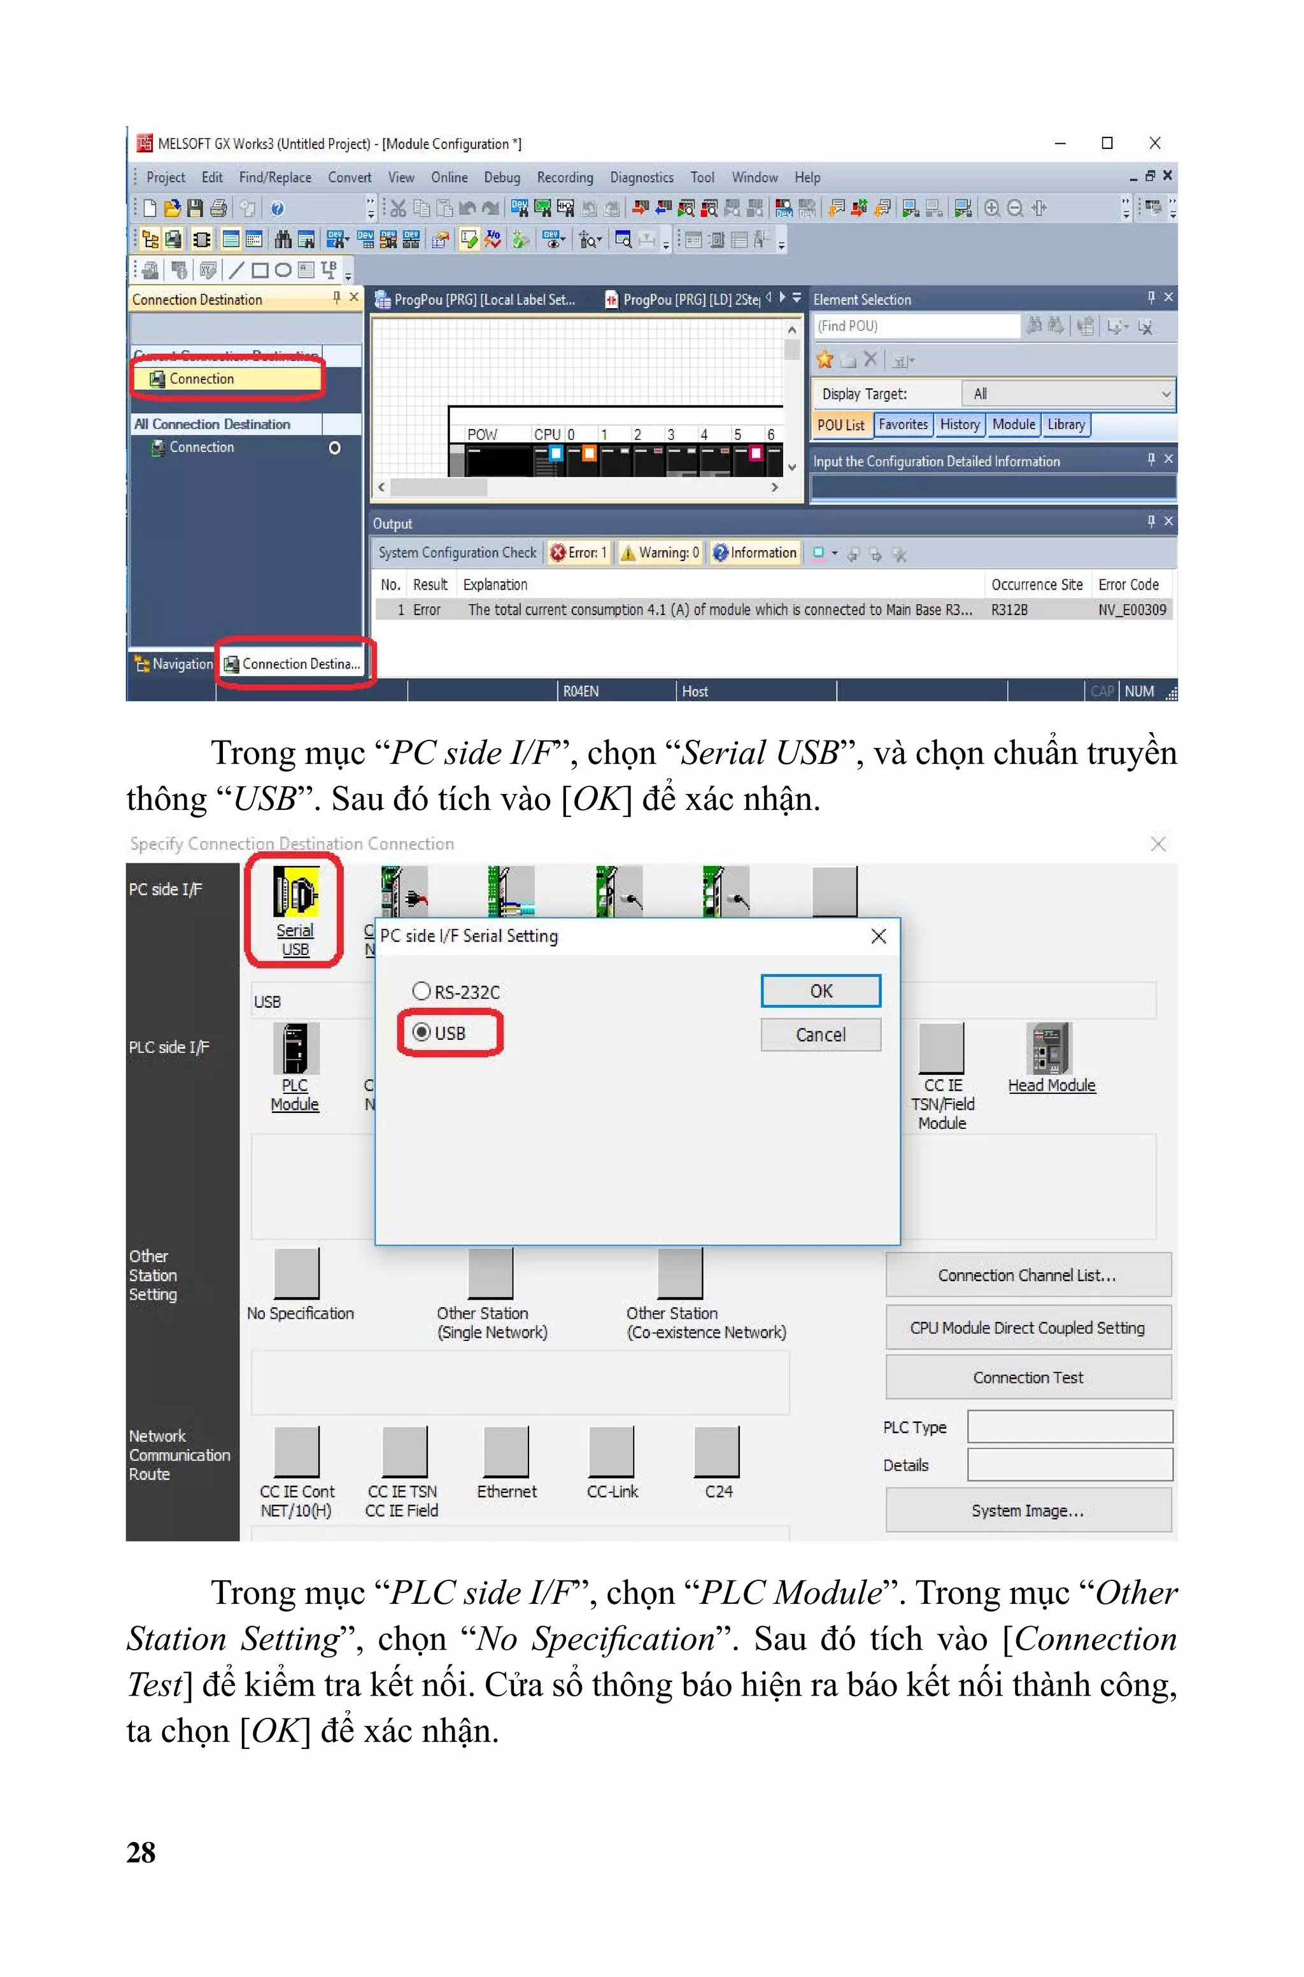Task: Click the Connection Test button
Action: point(1028,1378)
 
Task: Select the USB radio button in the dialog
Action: point(423,1033)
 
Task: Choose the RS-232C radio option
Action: point(423,991)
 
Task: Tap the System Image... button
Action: point(1028,1510)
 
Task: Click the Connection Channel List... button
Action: point(1028,1275)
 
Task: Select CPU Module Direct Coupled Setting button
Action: point(1028,1328)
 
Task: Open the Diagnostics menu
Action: point(641,177)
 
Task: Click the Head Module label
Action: point(1051,1085)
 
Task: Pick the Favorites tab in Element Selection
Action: point(903,425)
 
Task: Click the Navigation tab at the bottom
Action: point(174,663)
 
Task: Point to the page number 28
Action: point(141,1852)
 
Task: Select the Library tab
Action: point(1065,425)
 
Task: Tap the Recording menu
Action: point(565,177)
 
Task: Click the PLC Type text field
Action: point(1070,1427)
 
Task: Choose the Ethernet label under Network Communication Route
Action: point(506,1491)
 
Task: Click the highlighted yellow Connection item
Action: point(202,379)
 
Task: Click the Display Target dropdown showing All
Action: point(1068,394)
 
